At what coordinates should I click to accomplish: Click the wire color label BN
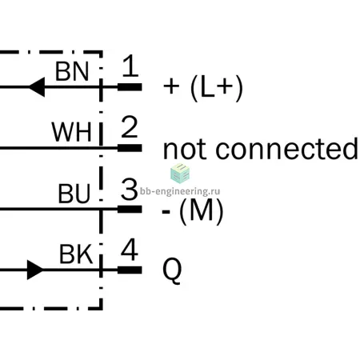pos(72,71)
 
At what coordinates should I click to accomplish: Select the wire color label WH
pos(71,132)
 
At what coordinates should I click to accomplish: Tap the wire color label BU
pos(74,194)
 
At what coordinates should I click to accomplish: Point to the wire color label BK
pos(76,254)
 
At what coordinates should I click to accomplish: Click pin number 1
pos(130,66)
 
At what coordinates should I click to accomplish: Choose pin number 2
pos(130,126)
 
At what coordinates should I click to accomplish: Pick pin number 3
pos(129,189)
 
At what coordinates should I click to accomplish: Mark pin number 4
pos(130,250)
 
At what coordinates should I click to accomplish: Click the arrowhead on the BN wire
pos(37,87)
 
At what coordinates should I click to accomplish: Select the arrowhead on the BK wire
pos(35,270)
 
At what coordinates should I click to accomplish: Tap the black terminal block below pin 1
pos(130,87)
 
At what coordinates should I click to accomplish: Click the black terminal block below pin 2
pos(130,148)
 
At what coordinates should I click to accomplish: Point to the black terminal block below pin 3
pos(130,209)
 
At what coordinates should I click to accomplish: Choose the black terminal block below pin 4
pos(130,270)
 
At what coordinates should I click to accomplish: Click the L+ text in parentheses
pos(217,88)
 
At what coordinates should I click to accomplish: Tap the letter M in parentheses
pos(202,210)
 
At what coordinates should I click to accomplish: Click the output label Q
pos(172,270)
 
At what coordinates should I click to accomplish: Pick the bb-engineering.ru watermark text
pos(180,191)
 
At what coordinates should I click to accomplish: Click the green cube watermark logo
pos(180,174)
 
